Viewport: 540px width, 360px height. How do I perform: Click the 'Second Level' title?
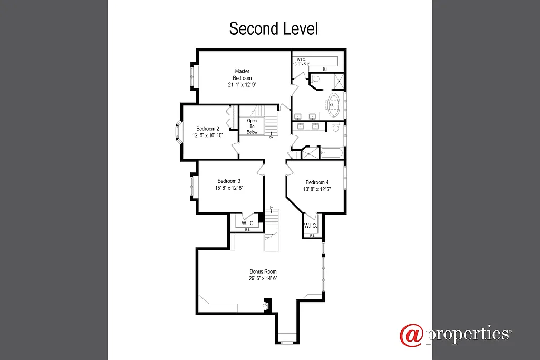(x=273, y=28)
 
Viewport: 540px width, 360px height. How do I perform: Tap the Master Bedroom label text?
(x=242, y=74)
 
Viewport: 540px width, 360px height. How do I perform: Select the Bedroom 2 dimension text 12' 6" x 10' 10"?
(x=208, y=135)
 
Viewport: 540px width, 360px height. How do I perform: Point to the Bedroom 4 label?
(x=316, y=183)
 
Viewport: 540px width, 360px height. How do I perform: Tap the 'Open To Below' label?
(x=252, y=127)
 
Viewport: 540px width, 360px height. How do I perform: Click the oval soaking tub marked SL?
(x=333, y=104)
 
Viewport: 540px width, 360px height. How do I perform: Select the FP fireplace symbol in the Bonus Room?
(x=265, y=306)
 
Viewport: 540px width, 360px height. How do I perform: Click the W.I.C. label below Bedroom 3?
(x=248, y=223)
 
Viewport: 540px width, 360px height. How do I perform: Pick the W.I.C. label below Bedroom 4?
(x=311, y=226)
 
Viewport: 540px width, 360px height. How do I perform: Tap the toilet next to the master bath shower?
(x=315, y=80)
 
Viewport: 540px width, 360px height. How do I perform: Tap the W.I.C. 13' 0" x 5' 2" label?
(x=302, y=62)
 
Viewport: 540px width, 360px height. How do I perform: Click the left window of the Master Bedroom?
(x=192, y=76)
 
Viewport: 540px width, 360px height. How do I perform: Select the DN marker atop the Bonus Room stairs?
(x=272, y=207)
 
